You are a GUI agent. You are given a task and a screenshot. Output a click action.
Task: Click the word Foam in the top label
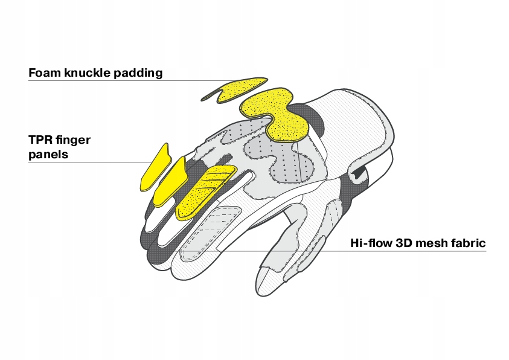[44, 73]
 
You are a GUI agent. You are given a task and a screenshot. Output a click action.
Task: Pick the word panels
[48, 155]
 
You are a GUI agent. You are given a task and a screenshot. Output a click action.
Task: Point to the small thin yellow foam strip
[235, 90]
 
